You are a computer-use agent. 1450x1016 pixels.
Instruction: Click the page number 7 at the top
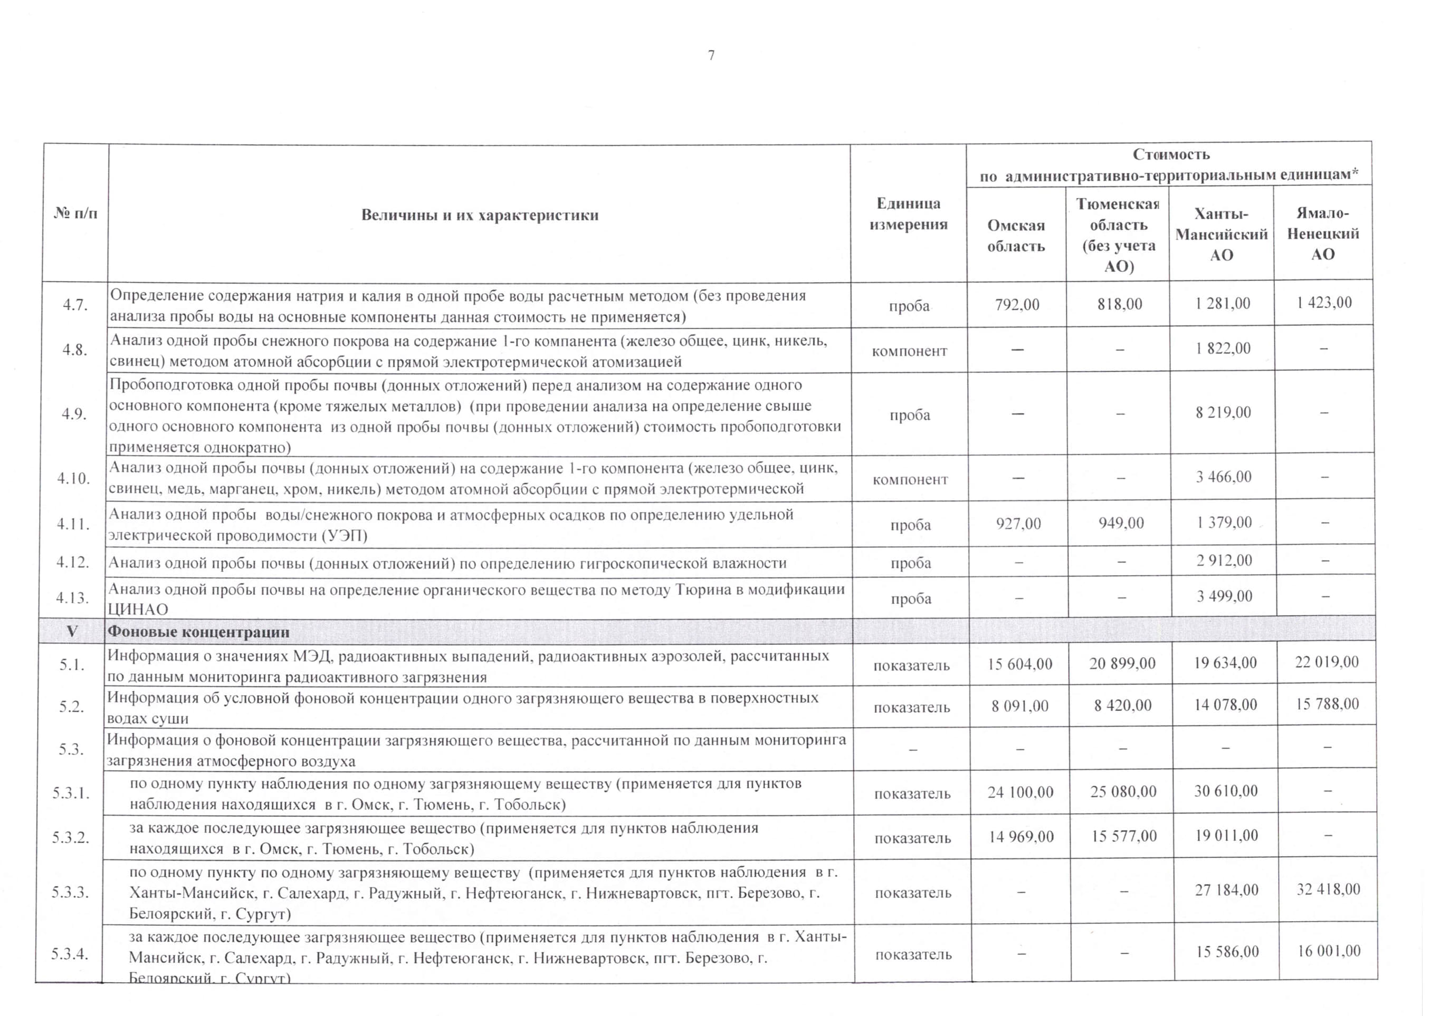711,55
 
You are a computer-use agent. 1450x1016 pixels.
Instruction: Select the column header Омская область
1016,235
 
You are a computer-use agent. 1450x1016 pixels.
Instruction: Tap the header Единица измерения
908,214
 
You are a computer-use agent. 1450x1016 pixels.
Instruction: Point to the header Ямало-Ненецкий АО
1322,234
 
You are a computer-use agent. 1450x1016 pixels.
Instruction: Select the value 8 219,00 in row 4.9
1223,413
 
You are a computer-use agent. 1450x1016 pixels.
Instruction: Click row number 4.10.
73,478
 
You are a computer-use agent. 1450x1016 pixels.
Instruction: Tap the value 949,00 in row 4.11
1121,523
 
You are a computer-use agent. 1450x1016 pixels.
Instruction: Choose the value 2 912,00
1224,560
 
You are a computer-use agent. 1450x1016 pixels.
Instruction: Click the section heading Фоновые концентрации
198,632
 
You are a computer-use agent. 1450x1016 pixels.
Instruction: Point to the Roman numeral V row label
72,631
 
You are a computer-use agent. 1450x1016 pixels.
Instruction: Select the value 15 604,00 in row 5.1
1020,664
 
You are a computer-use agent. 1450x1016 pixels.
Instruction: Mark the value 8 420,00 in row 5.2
1122,705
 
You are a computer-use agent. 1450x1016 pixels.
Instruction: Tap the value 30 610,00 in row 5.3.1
1225,791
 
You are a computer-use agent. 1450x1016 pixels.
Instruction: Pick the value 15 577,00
1123,836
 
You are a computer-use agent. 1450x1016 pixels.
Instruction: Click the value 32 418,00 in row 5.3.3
1328,889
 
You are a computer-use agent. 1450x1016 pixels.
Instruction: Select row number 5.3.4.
70,954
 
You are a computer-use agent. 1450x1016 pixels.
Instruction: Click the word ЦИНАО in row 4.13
138,609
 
